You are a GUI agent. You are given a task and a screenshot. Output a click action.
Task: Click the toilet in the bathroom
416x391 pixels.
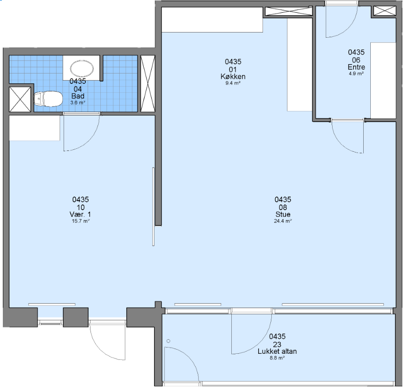tap(48, 98)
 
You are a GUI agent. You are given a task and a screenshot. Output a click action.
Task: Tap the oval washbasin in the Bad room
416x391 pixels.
tap(82, 68)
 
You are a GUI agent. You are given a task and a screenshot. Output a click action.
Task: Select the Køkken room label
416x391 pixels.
tap(233, 77)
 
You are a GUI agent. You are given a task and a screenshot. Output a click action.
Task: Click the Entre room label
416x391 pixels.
tap(356, 67)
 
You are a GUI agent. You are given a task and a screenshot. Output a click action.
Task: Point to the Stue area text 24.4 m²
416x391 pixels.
tap(283, 221)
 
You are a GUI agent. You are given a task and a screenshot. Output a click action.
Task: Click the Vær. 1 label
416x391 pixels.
tap(80, 214)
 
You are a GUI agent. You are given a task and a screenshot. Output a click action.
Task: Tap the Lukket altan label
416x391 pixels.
tap(277, 351)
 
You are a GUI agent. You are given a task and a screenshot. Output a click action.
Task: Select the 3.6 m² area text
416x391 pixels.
tap(78, 102)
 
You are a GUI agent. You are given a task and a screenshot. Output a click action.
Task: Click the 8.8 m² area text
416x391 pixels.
tap(277, 358)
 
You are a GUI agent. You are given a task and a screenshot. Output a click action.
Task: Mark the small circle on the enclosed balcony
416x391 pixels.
tap(168, 341)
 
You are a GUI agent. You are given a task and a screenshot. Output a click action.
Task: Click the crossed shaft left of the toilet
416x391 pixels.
tap(20, 99)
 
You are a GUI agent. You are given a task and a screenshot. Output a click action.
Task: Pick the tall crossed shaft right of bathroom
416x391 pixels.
tap(147, 83)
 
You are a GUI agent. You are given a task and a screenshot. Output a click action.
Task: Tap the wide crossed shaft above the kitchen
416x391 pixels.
tap(289, 11)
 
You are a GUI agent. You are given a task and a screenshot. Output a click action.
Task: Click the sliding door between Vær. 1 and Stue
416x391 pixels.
tap(153, 207)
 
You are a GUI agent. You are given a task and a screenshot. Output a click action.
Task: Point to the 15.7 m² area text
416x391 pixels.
tap(81, 221)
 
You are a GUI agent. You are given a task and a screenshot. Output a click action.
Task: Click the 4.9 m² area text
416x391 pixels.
tap(356, 73)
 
